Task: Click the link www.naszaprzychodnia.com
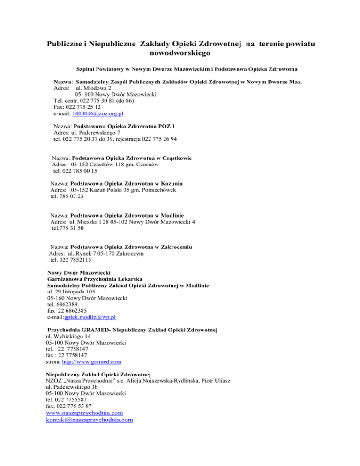[84, 413]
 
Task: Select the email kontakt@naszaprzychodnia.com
[89, 421]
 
